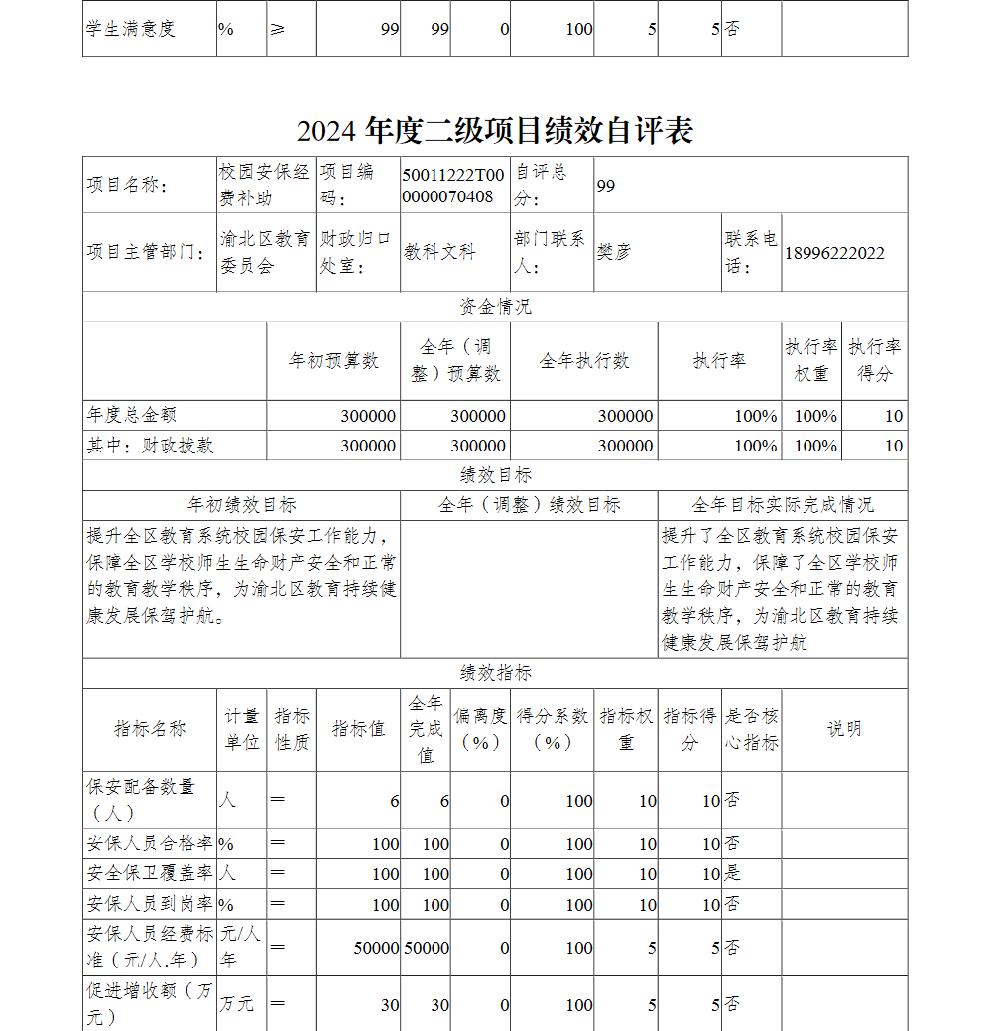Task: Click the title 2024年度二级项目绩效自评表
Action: [x=494, y=131]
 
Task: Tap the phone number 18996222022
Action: [x=834, y=253]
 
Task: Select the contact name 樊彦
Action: [x=613, y=252]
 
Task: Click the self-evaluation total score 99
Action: [x=606, y=186]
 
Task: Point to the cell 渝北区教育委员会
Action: [x=264, y=253]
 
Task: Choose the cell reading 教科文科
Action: [x=439, y=252]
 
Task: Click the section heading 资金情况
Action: [x=495, y=307]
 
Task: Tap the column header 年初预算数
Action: [x=333, y=361]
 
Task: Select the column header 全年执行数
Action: [x=583, y=361]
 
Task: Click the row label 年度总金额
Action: [x=132, y=415]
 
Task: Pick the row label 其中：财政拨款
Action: [x=150, y=446]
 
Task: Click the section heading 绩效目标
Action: [x=495, y=475]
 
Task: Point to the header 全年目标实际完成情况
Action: [x=783, y=505]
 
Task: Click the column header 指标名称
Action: [x=150, y=729]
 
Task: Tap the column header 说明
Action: [x=844, y=729]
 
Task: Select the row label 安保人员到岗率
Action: [x=150, y=904]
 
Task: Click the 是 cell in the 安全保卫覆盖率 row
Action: [x=733, y=874]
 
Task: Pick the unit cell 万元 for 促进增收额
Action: [x=237, y=1004]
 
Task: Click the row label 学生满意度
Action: [x=131, y=29]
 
